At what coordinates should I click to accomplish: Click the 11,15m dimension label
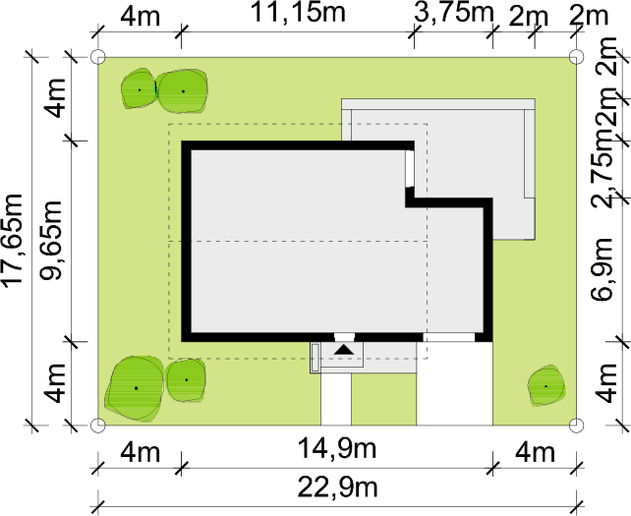pos(298,12)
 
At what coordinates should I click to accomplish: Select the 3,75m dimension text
pos(453,13)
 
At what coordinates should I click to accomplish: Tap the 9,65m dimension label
pos(51,240)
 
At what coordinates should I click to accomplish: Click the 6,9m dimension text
pos(602,269)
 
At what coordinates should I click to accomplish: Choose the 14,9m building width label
pos(337,448)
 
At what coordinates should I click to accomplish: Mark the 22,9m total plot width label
pos(338,487)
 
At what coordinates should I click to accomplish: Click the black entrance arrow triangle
pos(344,349)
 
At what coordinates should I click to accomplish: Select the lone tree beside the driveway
pos(546,385)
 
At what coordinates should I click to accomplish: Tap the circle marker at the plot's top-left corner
pos(98,57)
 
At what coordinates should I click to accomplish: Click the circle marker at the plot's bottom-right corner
pos(576,425)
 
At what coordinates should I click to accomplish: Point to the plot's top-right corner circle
pos(576,57)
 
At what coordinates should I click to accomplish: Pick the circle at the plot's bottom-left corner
pos(98,425)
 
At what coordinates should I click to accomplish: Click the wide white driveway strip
pos(455,383)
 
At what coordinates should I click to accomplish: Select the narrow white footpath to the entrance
pos(336,399)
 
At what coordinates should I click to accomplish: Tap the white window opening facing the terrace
pos(410,169)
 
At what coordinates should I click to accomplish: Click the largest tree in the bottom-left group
pos(134,388)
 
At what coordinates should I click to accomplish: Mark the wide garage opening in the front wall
pos(449,337)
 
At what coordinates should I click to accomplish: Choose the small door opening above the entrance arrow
pos(344,337)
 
